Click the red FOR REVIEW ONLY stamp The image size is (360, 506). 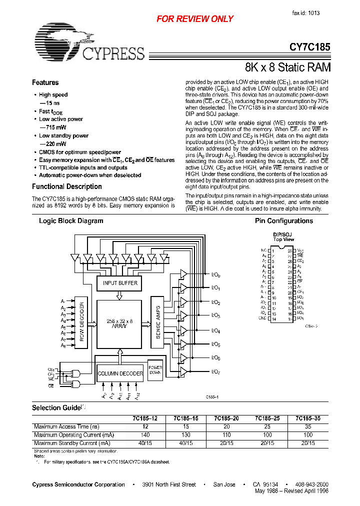[x=195, y=19]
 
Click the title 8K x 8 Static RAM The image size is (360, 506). [x=288, y=67]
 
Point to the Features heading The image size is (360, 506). [x=45, y=82]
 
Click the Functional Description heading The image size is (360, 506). [x=67, y=186]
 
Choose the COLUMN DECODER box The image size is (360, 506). [x=120, y=373]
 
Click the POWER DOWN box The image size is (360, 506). [x=155, y=370]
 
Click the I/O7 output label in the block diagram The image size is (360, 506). [x=216, y=371]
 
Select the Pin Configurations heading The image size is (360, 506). [x=284, y=221]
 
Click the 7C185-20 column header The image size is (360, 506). [x=226, y=418]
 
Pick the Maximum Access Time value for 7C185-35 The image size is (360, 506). [x=307, y=426]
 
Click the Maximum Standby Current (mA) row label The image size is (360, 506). [x=72, y=443]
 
